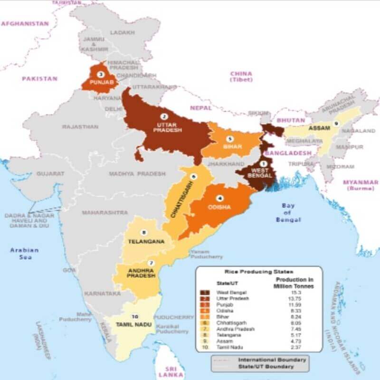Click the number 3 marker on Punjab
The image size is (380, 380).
coord(100,75)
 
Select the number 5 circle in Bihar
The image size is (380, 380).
coord(230,139)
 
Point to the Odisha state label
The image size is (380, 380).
coord(219,207)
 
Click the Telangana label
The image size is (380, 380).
coord(146,241)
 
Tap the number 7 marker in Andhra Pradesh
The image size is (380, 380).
coord(151,263)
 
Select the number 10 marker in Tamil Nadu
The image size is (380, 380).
coord(135,316)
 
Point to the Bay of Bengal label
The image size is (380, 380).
coord(288,213)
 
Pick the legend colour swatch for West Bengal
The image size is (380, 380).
coord(205,292)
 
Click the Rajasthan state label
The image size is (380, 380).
coord(80,127)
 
